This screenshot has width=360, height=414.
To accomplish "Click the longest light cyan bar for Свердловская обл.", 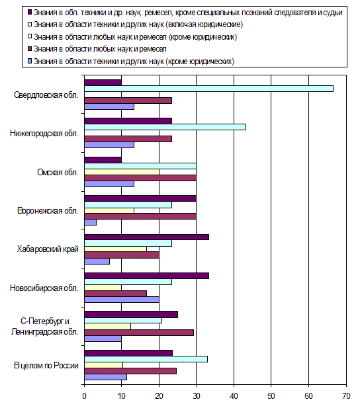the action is point(208,89).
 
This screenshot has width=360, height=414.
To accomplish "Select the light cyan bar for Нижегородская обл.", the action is point(165,127).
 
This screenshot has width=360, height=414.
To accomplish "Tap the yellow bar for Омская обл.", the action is point(122,172).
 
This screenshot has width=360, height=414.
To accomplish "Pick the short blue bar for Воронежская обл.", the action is point(90,223).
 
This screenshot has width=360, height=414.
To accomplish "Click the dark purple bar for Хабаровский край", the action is point(147,237).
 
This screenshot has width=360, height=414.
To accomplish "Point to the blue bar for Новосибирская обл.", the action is point(122,300).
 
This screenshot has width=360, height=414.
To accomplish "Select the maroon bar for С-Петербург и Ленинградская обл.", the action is point(139,333).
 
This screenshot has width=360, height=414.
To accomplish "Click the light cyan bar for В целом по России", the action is point(146,359).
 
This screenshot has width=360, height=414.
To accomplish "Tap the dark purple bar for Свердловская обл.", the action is point(103,83).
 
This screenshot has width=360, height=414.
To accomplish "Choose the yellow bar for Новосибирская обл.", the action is point(103,288).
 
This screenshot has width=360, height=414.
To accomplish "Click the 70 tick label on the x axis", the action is point(346,396).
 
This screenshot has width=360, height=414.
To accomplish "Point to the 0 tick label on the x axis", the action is point(84,396).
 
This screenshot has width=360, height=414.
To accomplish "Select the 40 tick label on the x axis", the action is point(234,396).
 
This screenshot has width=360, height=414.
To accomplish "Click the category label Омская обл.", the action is point(58,173).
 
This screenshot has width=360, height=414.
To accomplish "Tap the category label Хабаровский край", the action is point(48,249).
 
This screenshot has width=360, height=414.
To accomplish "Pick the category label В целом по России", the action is point(46,366).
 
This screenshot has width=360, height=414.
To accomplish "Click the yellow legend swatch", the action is point(30,36).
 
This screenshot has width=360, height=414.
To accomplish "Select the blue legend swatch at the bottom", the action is point(30,61).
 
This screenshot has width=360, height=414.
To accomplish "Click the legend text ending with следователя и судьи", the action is point(188,13).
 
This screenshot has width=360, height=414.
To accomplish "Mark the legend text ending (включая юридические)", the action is point(138,24).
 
